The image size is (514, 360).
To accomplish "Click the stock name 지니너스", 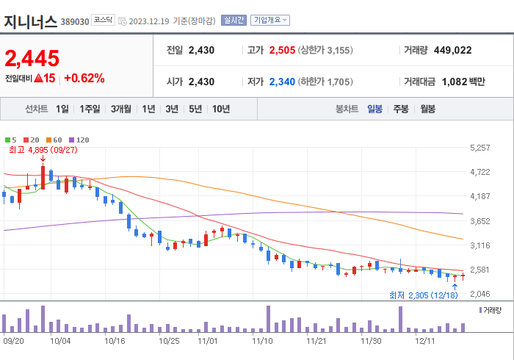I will point(30,21).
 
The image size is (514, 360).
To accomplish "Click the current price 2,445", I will point(32,58).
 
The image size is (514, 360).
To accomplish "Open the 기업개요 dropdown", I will point(269,21).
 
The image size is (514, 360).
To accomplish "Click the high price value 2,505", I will point(283,50).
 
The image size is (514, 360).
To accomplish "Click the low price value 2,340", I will point(283,82).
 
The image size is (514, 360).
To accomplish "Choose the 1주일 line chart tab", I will point(90,109).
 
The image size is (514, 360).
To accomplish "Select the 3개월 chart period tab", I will point(121,109).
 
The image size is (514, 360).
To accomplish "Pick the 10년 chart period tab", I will point(220,109).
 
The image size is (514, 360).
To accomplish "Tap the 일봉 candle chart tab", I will point(375,109).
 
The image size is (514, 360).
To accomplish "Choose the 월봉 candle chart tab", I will point(427,109).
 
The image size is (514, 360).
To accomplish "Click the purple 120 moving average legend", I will point(79,140).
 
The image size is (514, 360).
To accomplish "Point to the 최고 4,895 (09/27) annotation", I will point(43,150).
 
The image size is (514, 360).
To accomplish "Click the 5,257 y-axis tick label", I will point(479,148).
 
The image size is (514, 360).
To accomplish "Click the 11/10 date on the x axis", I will point(262,340).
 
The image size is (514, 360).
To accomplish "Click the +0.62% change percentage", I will point(84,78).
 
